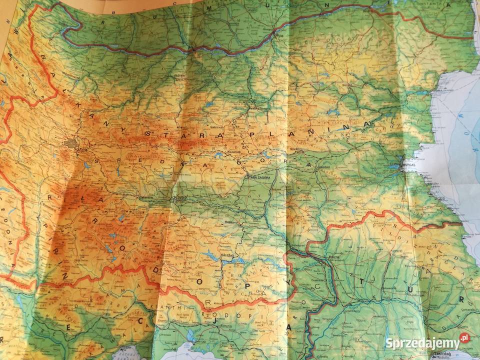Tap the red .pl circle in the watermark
point(464,338)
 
